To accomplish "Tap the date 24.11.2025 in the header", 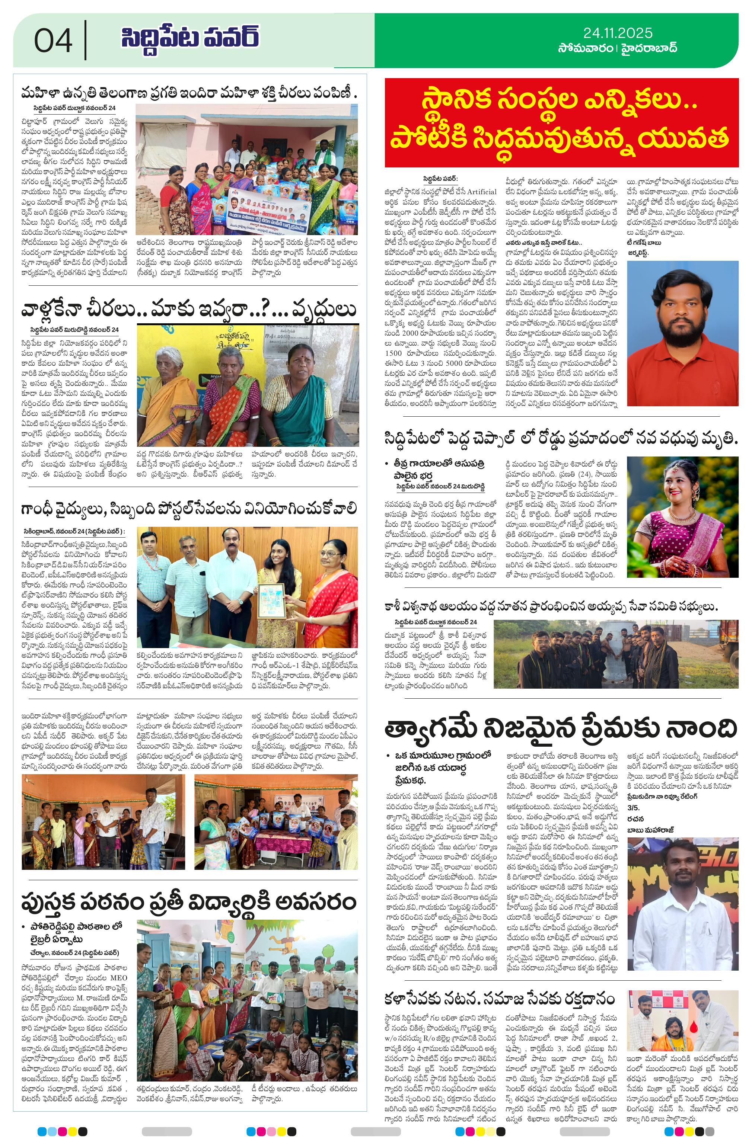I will (x=617, y=33).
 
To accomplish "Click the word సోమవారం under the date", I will (x=584, y=48).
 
